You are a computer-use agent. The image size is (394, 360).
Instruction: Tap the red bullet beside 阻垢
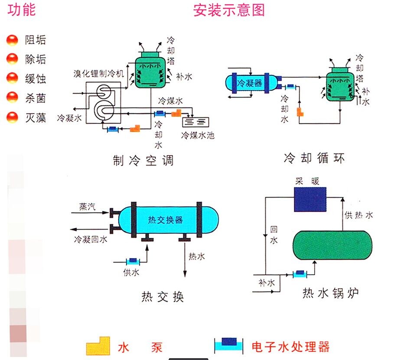pos(12,41)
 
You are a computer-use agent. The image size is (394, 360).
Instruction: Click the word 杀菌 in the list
pos(36,98)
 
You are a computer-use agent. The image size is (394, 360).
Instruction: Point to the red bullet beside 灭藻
pos(12,117)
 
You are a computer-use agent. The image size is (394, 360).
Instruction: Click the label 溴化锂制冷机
pos(98,72)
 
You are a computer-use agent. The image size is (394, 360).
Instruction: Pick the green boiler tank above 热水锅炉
pos(332,245)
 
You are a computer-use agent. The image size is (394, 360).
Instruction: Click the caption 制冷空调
pos(143,161)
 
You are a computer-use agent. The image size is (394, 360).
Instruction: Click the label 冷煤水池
pos(198,135)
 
